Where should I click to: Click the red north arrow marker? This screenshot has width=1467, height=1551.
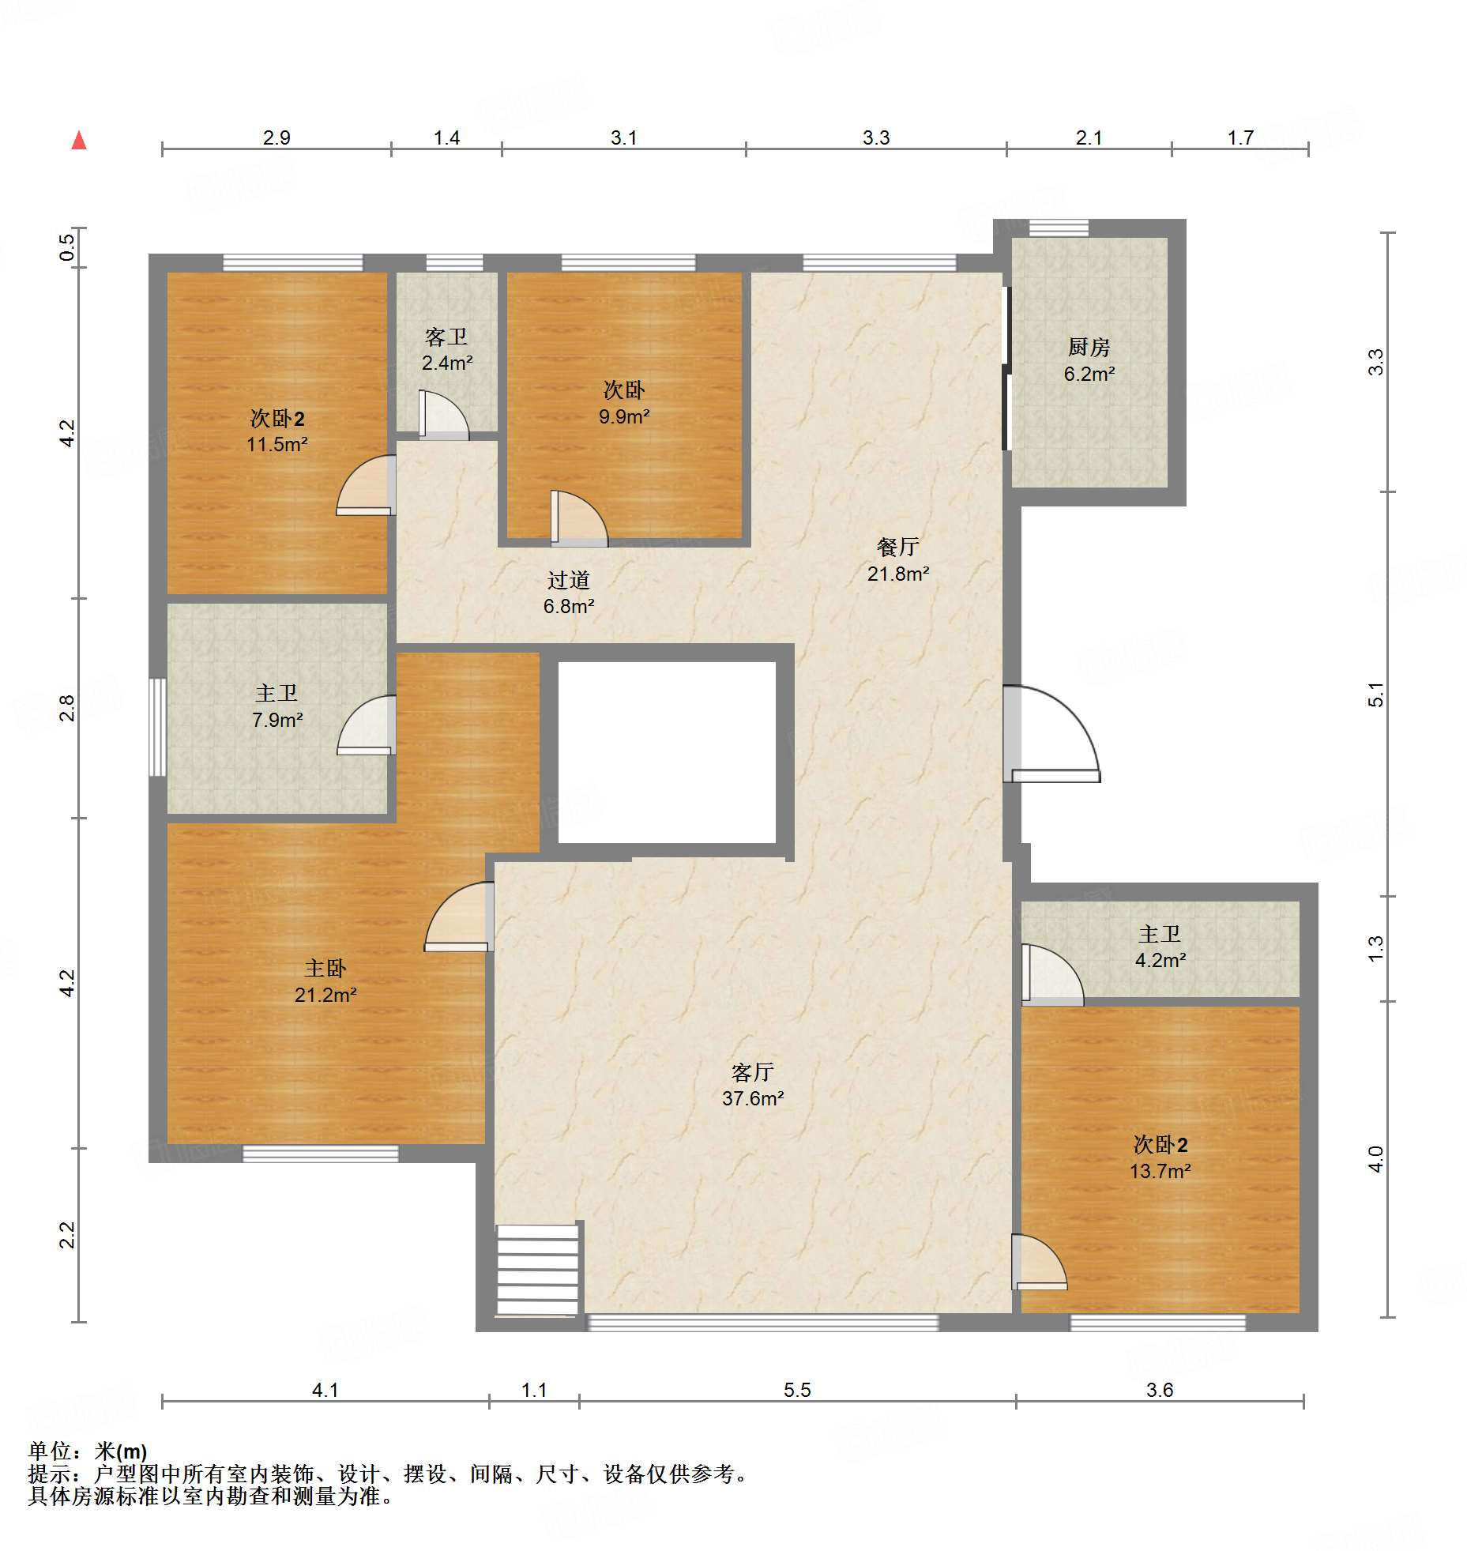click(x=79, y=140)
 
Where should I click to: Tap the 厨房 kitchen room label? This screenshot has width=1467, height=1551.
click(x=1089, y=360)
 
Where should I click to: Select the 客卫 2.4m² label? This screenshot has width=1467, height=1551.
click(x=446, y=349)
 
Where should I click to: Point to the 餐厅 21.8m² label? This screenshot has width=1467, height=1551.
click(x=898, y=559)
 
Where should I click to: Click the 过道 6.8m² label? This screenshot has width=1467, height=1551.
click(x=568, y=593)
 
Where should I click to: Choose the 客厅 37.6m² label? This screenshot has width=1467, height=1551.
click(x=752, y=1085)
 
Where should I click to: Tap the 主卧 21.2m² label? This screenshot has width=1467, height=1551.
click(x=325, y=981)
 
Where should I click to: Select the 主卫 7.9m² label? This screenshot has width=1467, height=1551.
click(x=276, y=706)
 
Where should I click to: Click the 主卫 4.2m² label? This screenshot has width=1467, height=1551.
click(x=1160, y=947)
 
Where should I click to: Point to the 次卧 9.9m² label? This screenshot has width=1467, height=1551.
click(x=624, y=403)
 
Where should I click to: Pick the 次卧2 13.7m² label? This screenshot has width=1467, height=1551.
click(x=1160, y=1158)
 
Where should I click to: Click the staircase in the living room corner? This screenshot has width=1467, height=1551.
click(x=537, y=1269)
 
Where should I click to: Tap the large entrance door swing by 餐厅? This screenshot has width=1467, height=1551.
click(x=1051, y=734)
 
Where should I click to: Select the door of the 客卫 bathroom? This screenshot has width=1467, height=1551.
click(x=443, y=414)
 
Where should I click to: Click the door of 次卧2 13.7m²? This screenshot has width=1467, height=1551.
click(x=1039, y=1262)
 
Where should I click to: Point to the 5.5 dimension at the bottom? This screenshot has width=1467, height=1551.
click(x=797, y=1390)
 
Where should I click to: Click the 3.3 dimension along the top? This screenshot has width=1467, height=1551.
click(x=876, y=137)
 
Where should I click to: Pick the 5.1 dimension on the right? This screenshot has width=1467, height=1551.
click(x=1376, y=695)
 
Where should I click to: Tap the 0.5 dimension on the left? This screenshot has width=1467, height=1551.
click(x=67, y=247)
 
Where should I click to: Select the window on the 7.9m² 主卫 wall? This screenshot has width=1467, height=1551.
click(x=158, y=727)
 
